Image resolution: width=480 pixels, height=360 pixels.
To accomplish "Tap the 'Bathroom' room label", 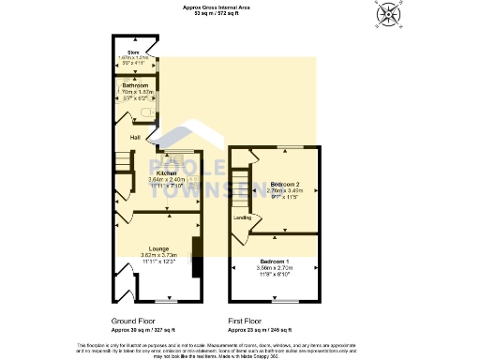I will coord(135,85).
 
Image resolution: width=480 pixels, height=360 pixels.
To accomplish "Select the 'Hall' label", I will coord(122,139).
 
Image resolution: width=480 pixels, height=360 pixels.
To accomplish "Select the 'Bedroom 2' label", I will coord(285,185).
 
